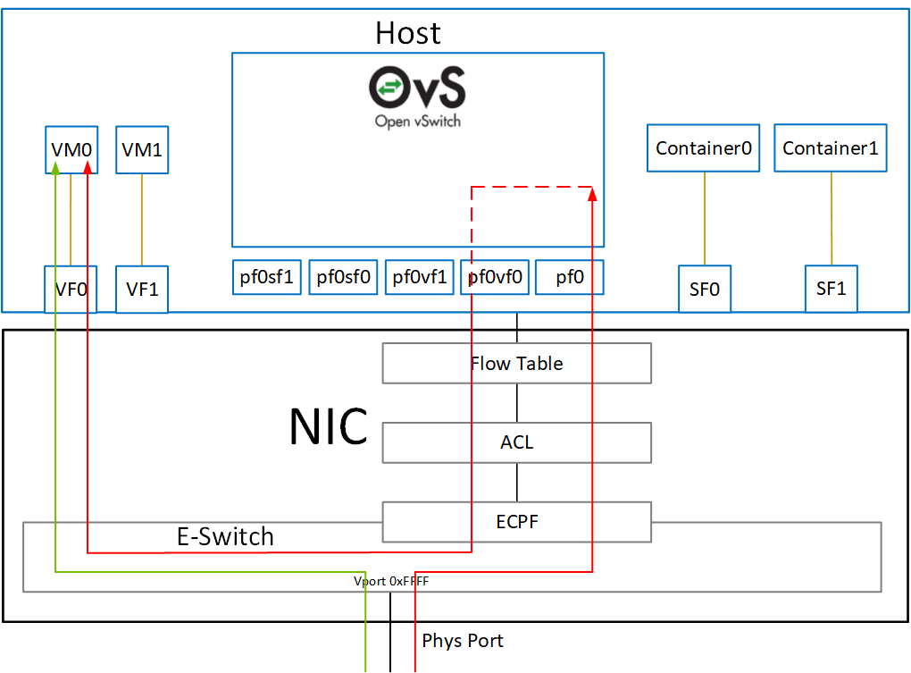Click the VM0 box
pyautogui.click(x=71, y=149)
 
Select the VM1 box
pyautogui.click(x=142, y=149)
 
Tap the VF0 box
pyautogui.click(x=71, y=290)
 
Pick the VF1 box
pyautogui.click(x=142, y=290)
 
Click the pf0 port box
pyautogui.click(x=570, y=277)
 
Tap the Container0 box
pyautogui.click(x=703, y=148)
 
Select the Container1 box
pyautogui.click(x=831, y=148)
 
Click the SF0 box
pyautogui.click(x=704, y=290)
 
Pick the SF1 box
pyautogui.click(x=831, y=290)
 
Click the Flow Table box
pyautogui.click(x=516, y=364)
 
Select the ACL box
pyautogui.click(x=516, y=442)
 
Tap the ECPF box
pyautogui.click(x=516, y=522)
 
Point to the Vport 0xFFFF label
pyautogui.click(x=391, y=581)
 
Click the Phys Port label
pyautogui.click(x=462, y=641)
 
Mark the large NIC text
pyautogui.click(x=328, y=427)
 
